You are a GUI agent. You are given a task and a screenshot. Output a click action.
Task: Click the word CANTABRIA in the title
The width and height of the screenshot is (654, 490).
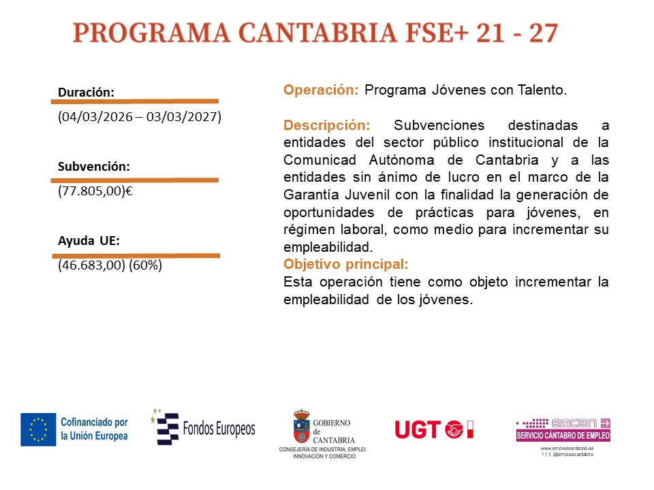coord(317,33)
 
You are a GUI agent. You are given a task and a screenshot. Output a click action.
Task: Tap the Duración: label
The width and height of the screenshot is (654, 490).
coord(86,92)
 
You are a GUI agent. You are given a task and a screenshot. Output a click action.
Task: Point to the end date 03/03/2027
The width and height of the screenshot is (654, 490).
coord(182,116)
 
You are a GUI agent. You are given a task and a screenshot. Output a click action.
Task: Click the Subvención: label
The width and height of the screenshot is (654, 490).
coord(94,167)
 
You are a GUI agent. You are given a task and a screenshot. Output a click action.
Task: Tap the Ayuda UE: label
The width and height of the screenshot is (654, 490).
coord(89,241)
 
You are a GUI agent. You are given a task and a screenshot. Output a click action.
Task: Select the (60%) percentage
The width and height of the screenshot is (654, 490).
coord(145,265)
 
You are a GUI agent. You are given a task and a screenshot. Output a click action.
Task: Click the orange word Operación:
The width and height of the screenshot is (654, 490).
coord(321,90)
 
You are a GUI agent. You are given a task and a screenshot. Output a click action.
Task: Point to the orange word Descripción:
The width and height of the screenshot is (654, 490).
coord(326,125)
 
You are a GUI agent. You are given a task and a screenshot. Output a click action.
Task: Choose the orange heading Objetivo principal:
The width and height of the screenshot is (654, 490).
coord(346,264)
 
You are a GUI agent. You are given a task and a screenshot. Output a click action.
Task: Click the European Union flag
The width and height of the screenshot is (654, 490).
coord(38,429)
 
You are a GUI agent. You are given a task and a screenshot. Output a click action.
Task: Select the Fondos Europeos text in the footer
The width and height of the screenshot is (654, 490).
coord(219,429)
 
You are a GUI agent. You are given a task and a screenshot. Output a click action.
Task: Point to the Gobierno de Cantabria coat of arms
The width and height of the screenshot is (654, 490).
coord(302,426)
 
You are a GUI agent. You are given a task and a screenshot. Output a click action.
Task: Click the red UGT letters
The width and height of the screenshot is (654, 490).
coord(418,429)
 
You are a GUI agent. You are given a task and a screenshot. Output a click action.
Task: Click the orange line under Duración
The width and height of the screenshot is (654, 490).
coord(135,101)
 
